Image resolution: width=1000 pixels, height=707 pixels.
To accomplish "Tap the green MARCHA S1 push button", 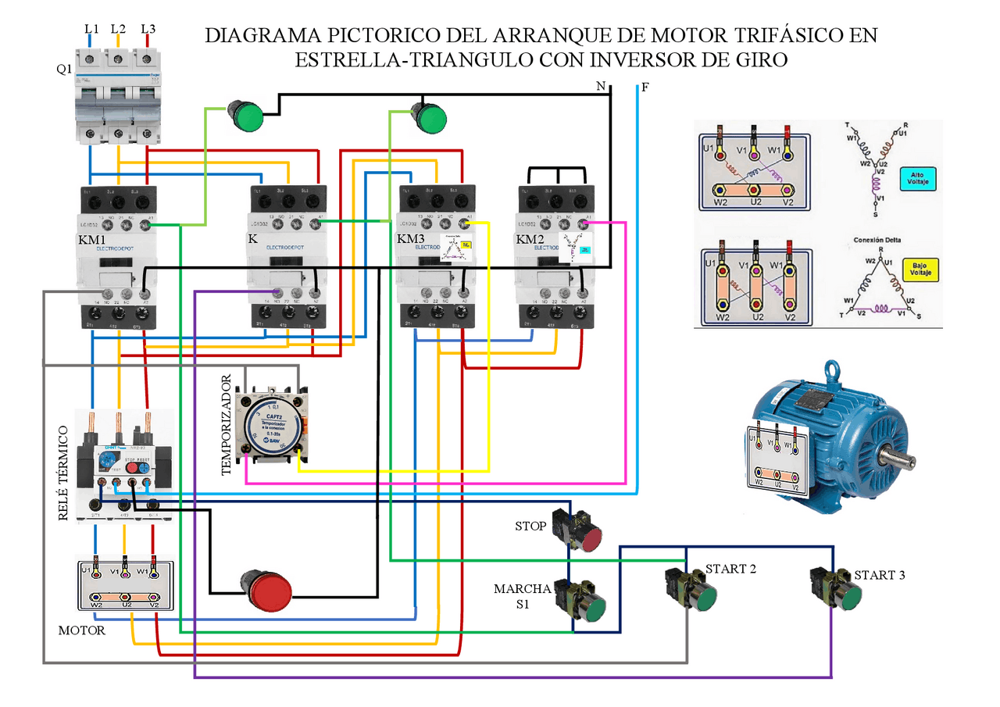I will tap(595, 609).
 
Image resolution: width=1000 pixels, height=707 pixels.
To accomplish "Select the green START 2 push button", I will tap(703, 598).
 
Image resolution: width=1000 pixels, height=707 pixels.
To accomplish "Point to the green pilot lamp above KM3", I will tap(430, 119).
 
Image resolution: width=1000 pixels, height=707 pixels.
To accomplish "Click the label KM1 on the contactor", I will tap(93, 240).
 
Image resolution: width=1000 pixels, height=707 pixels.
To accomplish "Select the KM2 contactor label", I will tap(530, 238).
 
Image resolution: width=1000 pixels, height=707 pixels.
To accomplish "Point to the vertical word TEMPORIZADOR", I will tap(227, 425).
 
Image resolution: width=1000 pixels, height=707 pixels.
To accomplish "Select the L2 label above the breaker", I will tap(118, 29).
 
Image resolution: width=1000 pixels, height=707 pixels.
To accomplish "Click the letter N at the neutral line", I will tap(600, 87).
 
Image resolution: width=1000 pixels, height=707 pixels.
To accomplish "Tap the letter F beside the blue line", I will tap(645, 87).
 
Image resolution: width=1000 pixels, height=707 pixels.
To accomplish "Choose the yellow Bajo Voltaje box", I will tap(920, 270).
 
